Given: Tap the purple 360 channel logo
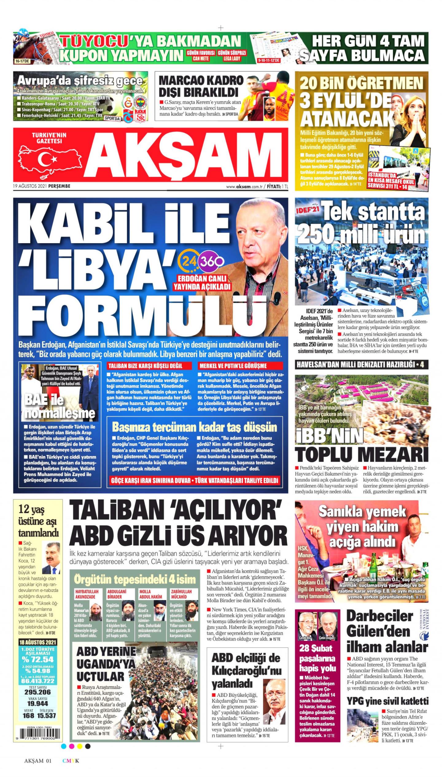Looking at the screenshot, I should (x=211, y=261).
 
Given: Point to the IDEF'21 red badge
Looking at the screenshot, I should (x=307, y=212).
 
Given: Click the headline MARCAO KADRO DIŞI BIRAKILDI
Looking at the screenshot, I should (x=201, y=86).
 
